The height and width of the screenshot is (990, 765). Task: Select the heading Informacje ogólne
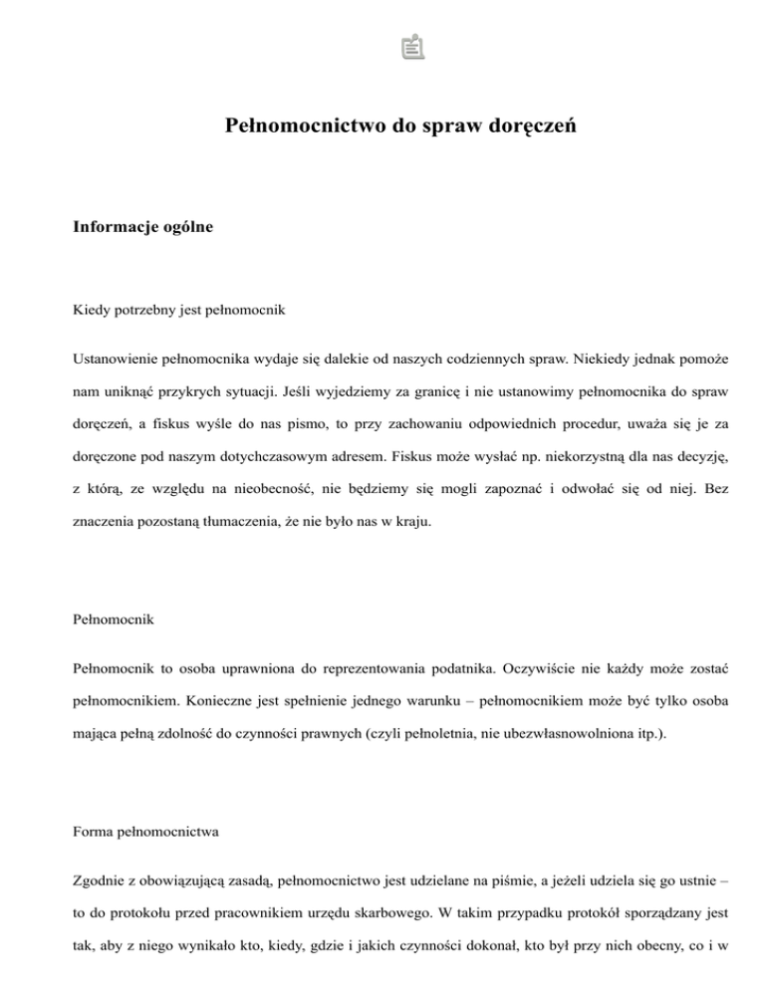[x=143, y=228]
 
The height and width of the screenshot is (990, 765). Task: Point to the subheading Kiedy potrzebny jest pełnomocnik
[x=180, y=310]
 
